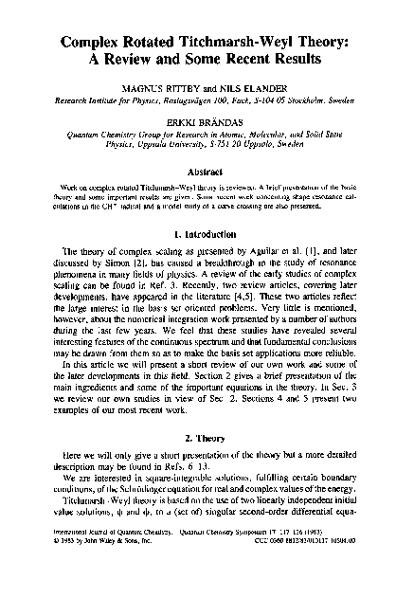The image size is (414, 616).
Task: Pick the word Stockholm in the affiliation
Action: pos(309,98)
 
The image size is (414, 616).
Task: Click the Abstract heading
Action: pos(207,172)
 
